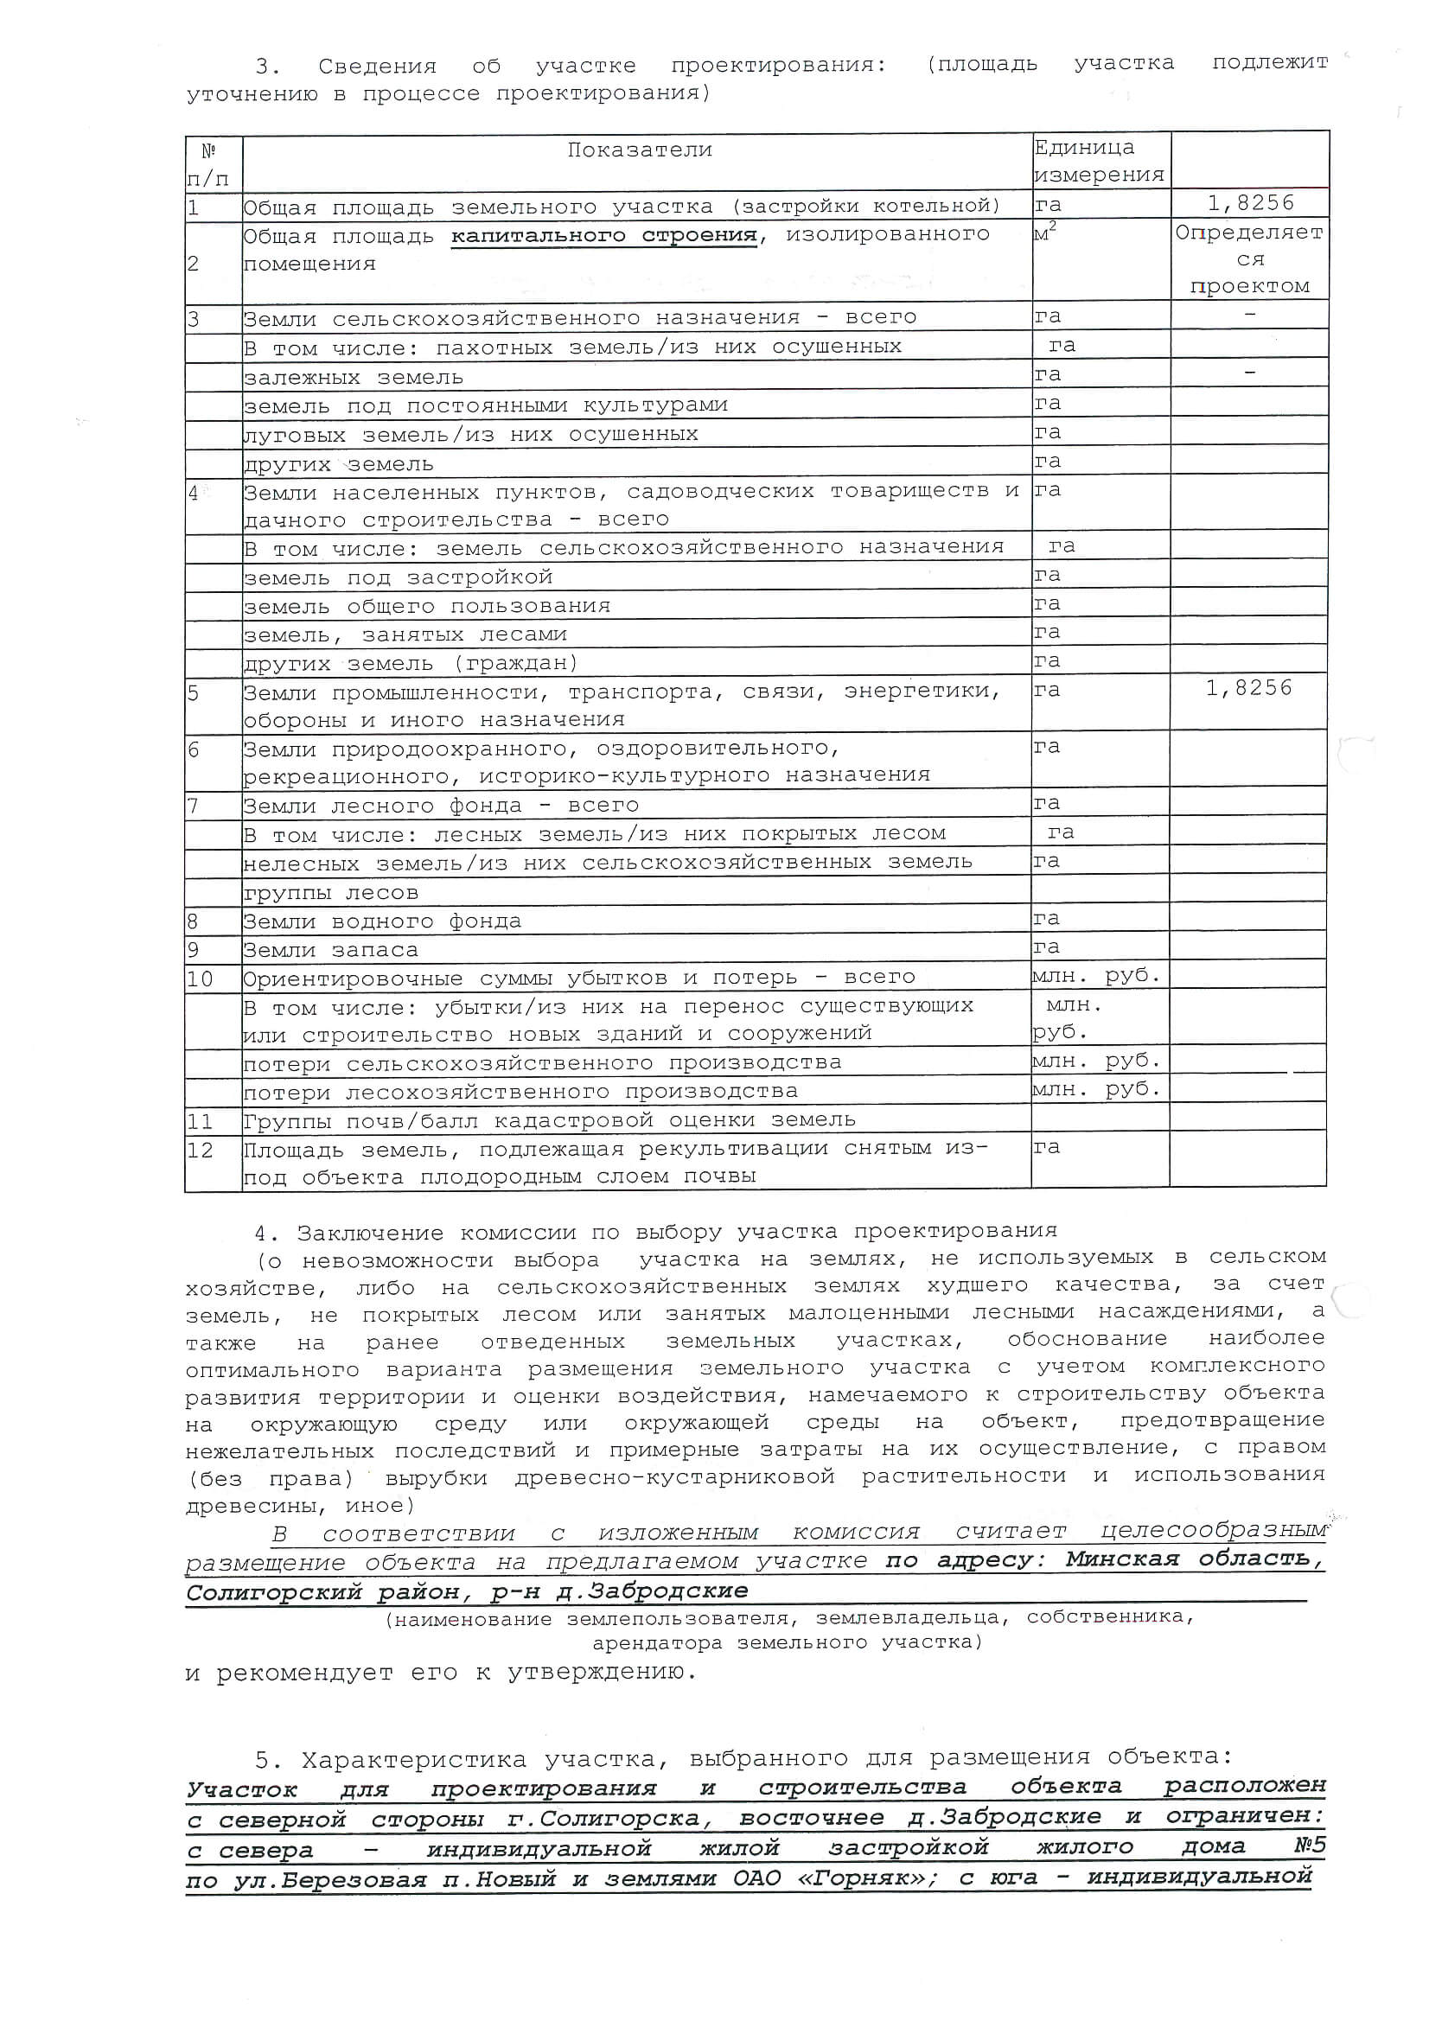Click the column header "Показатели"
pyautogui.click(x=639, y=150)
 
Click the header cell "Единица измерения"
pyautogui.click(x=1099, y=161)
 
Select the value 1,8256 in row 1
pyautogui.click(x=1250, y=203)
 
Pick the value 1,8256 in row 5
pyautogui.click(x=1248, y=688)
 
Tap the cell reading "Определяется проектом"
pyautogui.click(x=1248, y=259)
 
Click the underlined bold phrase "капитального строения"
pyautogui.click(x=604, y=236)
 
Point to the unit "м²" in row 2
pyautogui.click(x=1045, y=233)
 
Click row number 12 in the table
pyautogui.click(x=200, y=1151)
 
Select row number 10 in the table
pyautogui.click(x=200, y=979)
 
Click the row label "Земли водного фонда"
pyautogui.click(x=382, y=921)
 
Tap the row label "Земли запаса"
pyautogui.click(x=330, y=951)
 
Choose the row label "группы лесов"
pyautogui.click(x=330, y=894)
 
